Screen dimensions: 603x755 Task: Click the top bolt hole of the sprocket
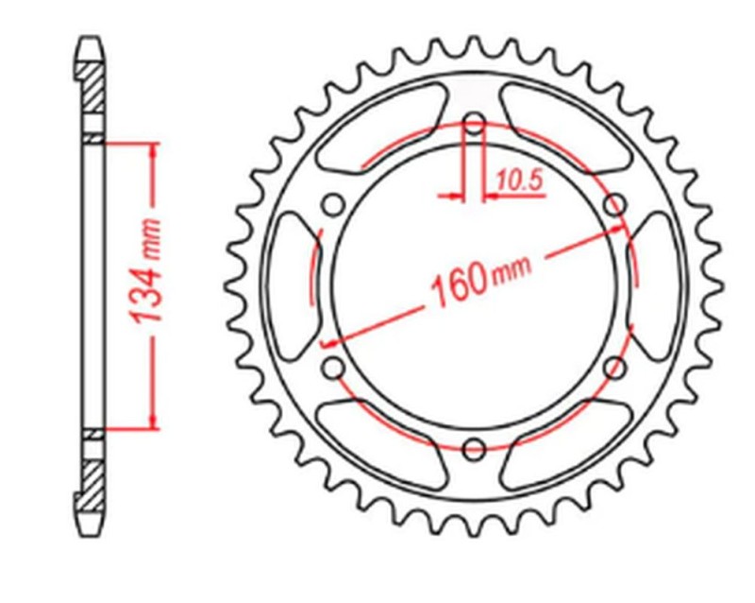(475, 123)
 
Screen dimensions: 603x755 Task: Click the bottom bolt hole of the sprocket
(475, 446)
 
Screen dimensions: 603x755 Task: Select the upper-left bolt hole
(333, 203)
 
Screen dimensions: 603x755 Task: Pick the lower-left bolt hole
(333, 367)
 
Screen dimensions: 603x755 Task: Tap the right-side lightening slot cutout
(659, 284)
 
